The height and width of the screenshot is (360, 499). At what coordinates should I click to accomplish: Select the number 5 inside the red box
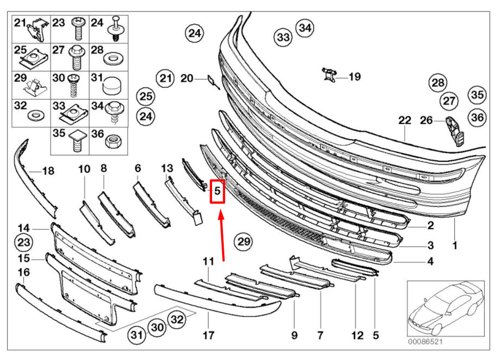(x=218, y=191)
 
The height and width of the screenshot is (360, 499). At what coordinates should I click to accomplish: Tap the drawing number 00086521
(x=425, y=342)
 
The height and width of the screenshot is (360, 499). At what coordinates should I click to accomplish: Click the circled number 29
(x=244, y=242)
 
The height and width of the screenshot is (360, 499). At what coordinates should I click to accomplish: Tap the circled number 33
(x=283, y=37)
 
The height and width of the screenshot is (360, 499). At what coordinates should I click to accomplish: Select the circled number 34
(x=305, y=27)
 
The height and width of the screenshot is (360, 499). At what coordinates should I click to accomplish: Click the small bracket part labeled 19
(x=329, y=74)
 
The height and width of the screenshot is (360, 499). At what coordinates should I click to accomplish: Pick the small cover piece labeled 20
(x=213, y=81)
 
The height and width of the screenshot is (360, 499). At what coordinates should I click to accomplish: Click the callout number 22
(x=405, y=120)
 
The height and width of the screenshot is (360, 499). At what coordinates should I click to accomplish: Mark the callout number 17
(x=209, y=335)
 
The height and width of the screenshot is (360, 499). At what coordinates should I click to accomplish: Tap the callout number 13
(x=167, y=168)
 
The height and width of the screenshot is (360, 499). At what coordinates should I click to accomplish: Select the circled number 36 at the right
(x=478, y=117)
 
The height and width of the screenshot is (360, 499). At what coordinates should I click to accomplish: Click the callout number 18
(x=48, y=171)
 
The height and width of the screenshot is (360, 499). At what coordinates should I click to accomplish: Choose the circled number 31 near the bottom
(x=137, y=335)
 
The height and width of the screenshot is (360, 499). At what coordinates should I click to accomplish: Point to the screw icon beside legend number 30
(x=74, y=85)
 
